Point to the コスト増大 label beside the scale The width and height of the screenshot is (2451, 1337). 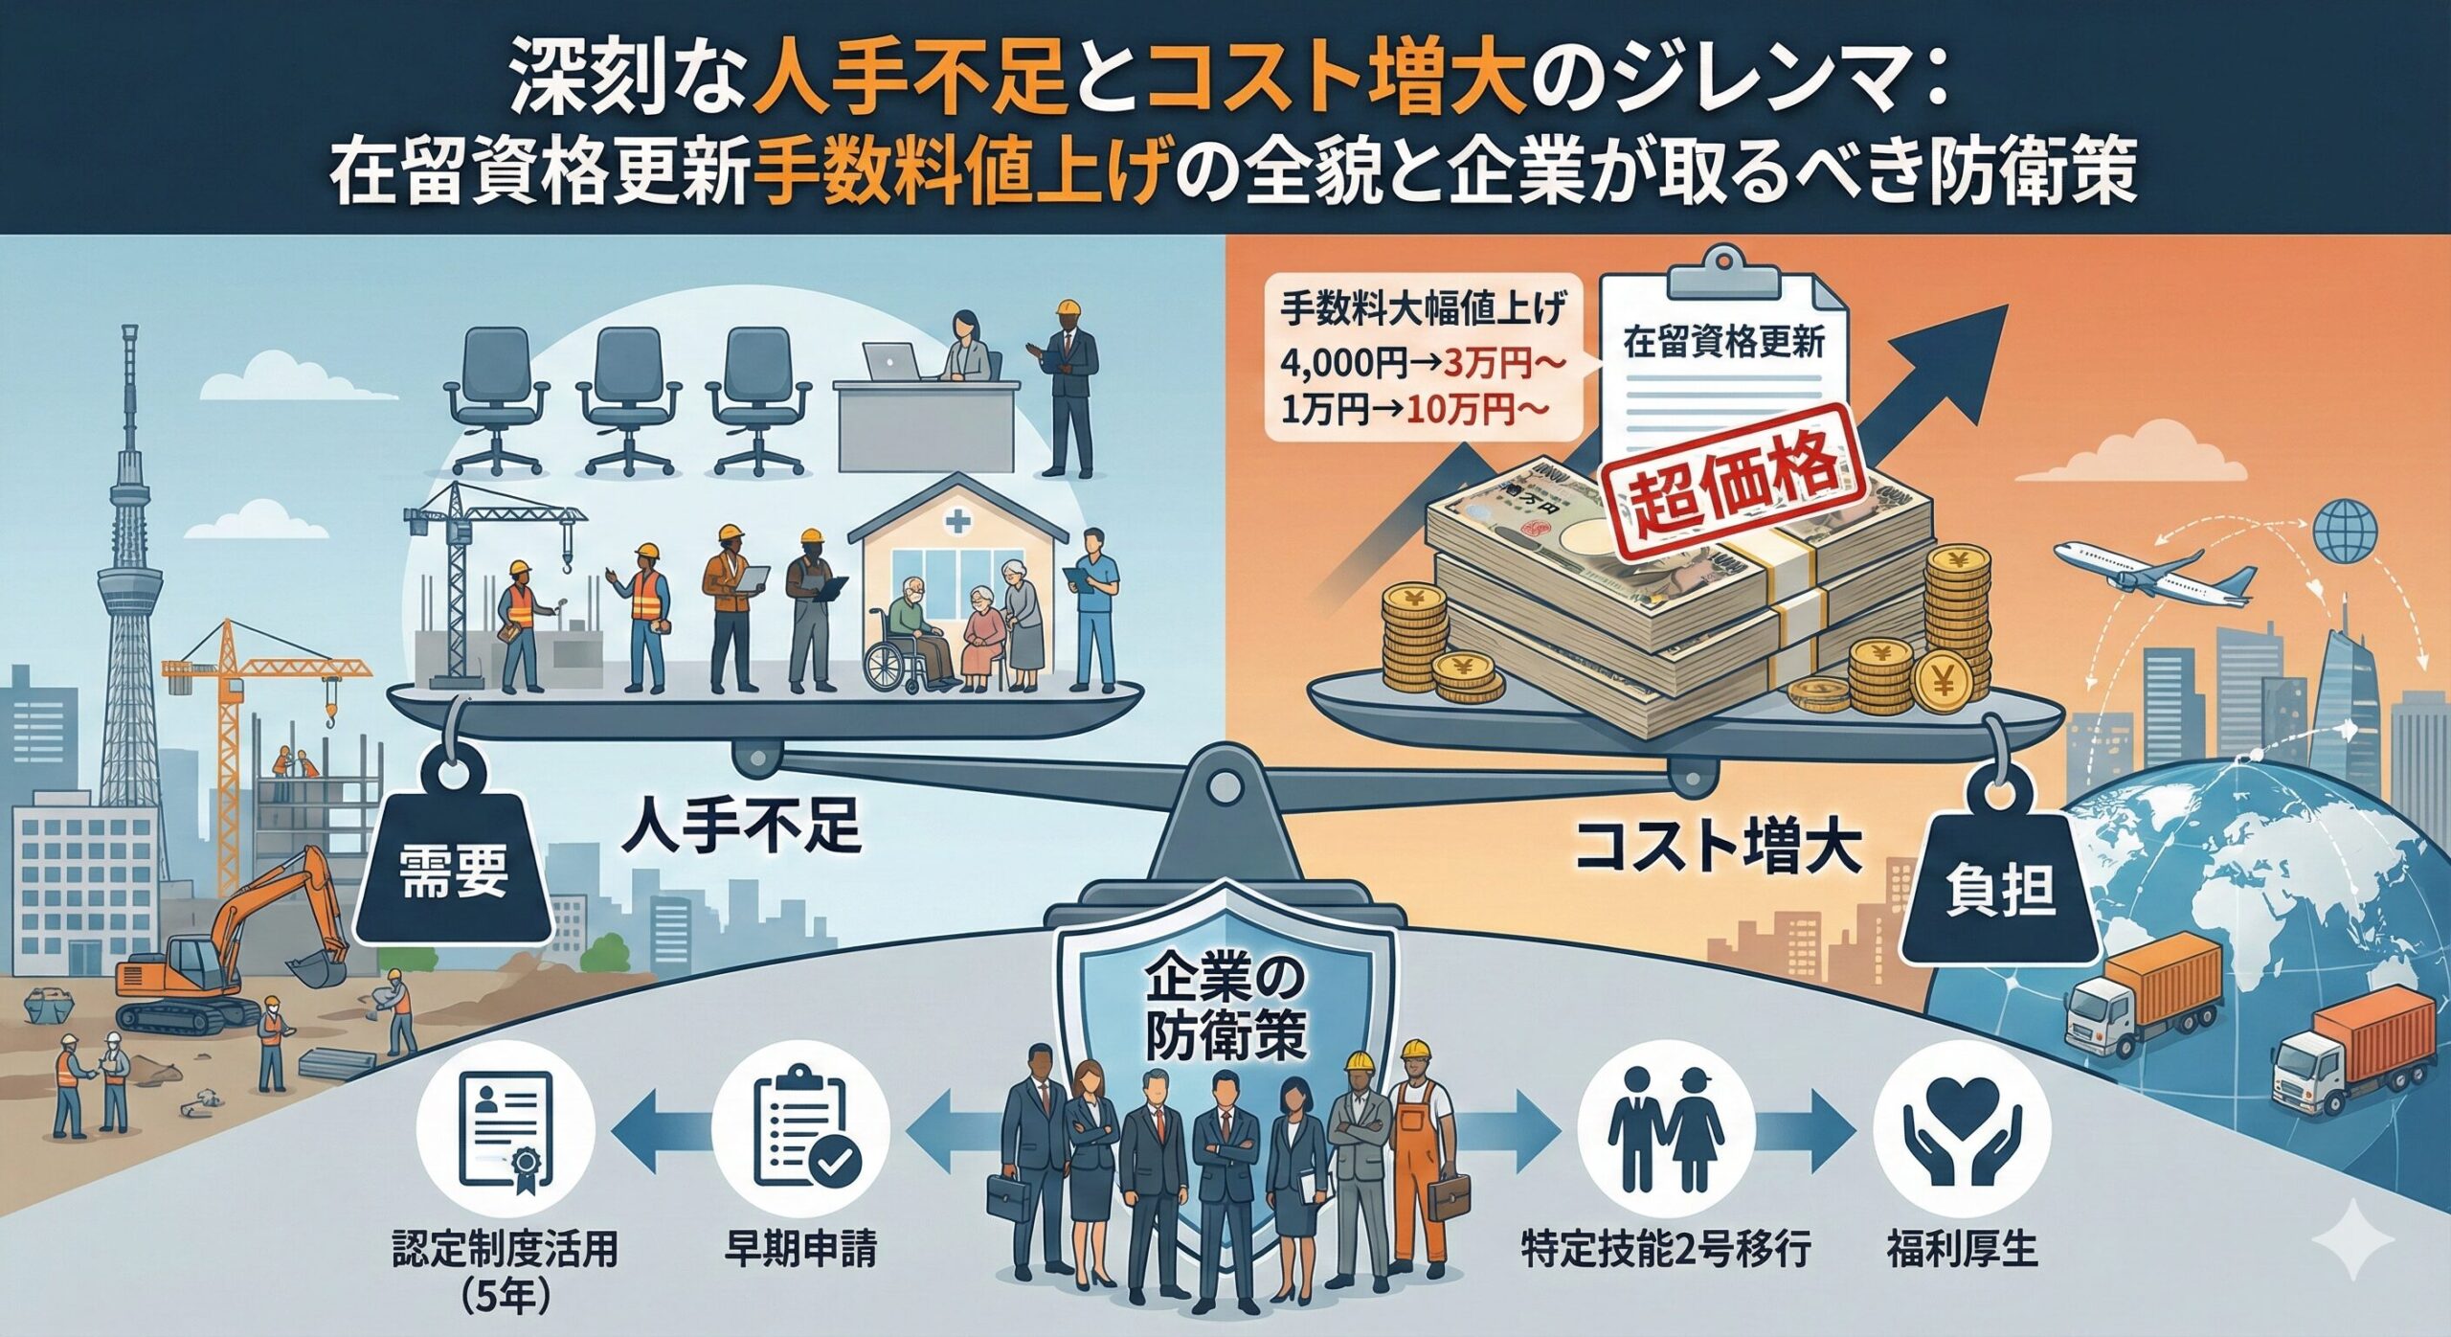click(1719, 849)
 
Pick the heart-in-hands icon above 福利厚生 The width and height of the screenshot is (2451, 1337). click(1962, 1130)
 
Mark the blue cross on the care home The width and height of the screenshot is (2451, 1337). click(956, 523)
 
